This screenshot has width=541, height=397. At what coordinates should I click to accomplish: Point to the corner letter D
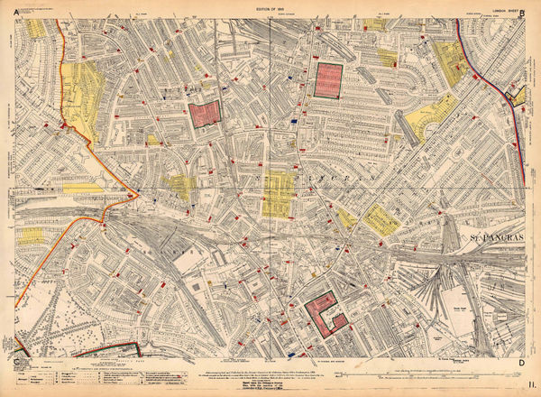(521, 363)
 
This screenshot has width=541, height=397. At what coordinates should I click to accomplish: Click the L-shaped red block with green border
(326, 312)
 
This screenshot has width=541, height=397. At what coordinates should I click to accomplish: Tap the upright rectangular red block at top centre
(328, 80)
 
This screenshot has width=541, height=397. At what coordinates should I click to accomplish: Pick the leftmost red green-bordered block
(205, 115)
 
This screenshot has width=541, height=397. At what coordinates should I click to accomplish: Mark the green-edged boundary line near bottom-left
(104, 351)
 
